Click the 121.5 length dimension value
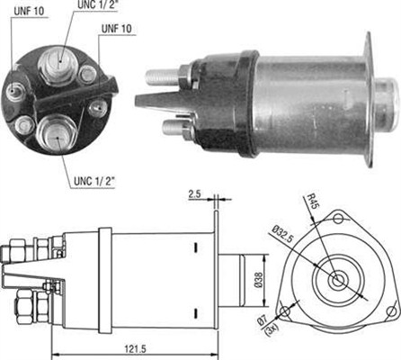click(135, 349)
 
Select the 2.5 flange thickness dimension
click(194, 194)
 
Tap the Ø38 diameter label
click(259, 280)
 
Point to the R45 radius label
click(314, 201)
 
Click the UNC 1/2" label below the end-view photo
click(94, 181)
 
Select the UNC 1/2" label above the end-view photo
click(97, 4)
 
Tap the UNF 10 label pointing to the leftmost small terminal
click(29, 11)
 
